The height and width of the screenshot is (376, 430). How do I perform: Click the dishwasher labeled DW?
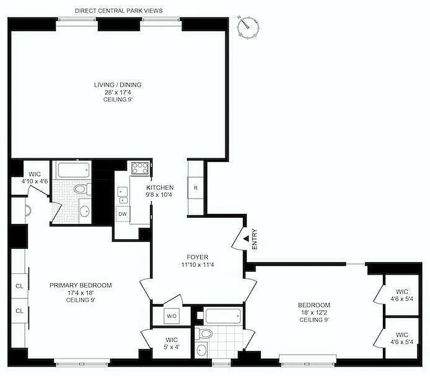[x=122, y=214]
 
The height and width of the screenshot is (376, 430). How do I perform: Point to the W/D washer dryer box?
[x=171, y=316]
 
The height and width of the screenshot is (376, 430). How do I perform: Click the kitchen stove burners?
[x=139, y=168]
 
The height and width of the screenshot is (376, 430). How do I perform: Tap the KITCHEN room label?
[x=160, y=187]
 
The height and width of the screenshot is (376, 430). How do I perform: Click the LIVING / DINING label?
[x=118, y=85]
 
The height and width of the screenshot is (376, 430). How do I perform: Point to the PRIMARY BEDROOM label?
[x=81, y=285]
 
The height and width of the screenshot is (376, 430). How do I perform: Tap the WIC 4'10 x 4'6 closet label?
[x=34, y=177]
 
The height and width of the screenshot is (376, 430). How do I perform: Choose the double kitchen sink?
[x=122, y=196]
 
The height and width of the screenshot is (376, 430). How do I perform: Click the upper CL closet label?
[x=19, y=286]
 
